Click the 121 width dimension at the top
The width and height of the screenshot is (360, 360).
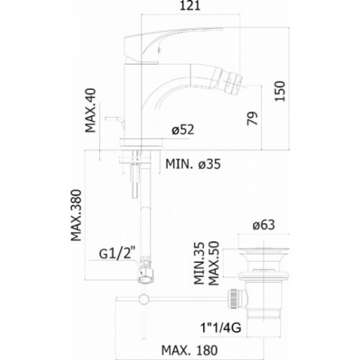click(x=190, y=6)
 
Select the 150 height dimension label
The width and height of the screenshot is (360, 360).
click(x=280, y=91)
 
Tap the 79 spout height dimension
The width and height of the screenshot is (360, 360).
click(x=253, y=118)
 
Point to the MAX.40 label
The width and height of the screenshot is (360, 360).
click(x=91, y=110)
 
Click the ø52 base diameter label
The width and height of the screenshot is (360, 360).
click(x=183, y=130)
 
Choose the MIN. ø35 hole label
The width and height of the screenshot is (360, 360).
click(x=193, y=164)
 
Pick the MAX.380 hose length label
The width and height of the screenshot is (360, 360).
click(x=76, y=215)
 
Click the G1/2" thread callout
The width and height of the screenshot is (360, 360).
click(x=116, y=253)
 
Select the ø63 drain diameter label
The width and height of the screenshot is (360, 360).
click(x=264, y=225)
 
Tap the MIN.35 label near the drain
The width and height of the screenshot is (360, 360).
click(x=199, y=264)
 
